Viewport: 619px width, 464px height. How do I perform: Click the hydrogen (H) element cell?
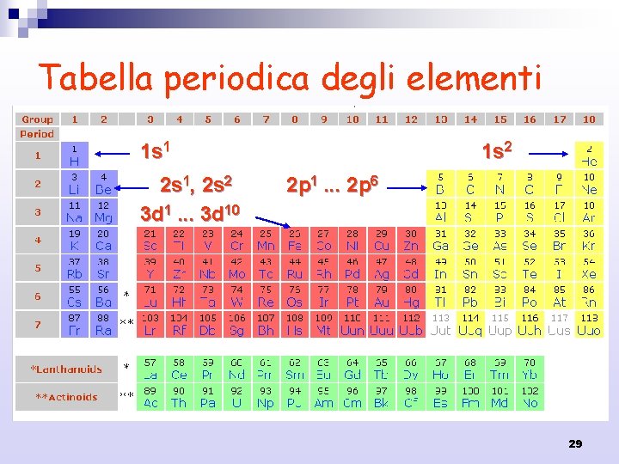point(74,155)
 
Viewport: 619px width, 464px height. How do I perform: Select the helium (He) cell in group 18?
point(589,155)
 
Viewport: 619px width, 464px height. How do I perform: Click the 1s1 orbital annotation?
point(159,152)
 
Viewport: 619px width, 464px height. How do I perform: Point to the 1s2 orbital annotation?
point(497,152)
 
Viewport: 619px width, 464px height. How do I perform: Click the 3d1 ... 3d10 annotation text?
point(191,211)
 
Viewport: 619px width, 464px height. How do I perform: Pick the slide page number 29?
point(575,443)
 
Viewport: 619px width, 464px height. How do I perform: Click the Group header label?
point(37,119)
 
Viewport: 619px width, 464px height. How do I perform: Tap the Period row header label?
point(37,134)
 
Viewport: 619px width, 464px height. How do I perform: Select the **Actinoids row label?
point(68,397)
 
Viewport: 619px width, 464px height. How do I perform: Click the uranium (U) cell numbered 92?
point(237,397)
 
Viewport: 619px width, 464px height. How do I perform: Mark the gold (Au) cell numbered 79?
point(382,296)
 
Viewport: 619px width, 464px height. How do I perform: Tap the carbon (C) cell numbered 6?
point(470,183)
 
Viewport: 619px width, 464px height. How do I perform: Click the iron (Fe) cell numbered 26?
point(294,240)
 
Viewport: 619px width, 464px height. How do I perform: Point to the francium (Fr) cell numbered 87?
point(74,325)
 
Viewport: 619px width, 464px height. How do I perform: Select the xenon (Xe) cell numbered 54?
point(589,268)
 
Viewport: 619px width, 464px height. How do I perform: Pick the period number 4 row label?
point(37,240)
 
